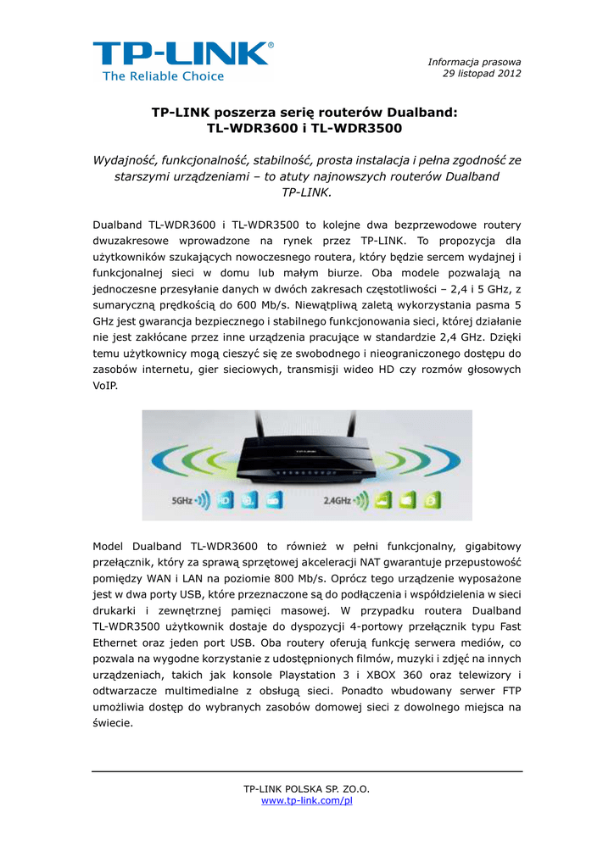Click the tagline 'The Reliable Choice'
(163, 76)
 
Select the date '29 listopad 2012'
(482, 73)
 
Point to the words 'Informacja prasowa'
(474, 62)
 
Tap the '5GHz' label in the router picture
(182, 501)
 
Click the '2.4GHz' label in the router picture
(338, 501)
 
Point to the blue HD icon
(225, 501)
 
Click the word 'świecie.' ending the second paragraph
(112, 723)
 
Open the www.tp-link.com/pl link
(306, 800)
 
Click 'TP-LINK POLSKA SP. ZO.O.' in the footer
(306, 789)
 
